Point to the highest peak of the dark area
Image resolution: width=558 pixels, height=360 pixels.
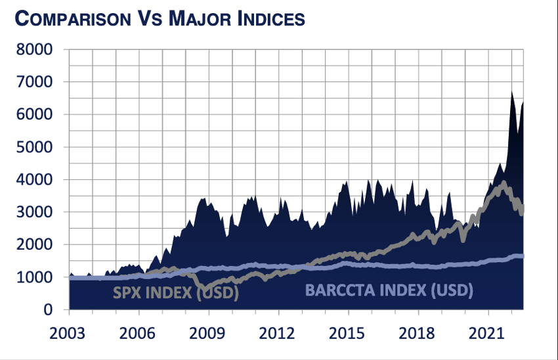point(511,91)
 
